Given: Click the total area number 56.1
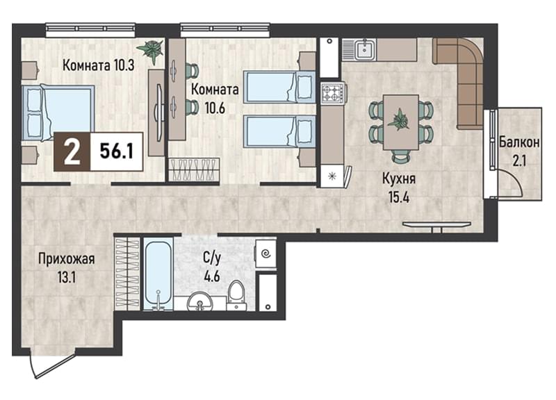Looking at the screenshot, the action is click(x=117, y=151).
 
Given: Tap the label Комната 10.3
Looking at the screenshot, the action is click(x=98, y=65).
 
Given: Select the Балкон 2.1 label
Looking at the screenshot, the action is click(x=519, y=151).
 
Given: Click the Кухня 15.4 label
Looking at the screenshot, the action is click(x=399, y=188).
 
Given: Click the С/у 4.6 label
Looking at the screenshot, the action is click(x=212, y=267).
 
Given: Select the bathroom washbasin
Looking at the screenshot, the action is click(x=200, y=302).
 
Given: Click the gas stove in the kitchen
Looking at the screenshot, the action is click(x=333, y=93).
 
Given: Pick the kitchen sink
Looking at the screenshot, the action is click(x=363, y=50).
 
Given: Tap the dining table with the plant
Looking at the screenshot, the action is click(x=401, y=122).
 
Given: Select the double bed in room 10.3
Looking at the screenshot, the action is click(x=58, y=112).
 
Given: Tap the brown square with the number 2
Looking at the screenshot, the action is click(x=72, y=151).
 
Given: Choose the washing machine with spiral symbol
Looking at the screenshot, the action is click(x=265, y=253).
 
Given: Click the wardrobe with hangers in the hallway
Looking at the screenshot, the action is click(x=128, y=273).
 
